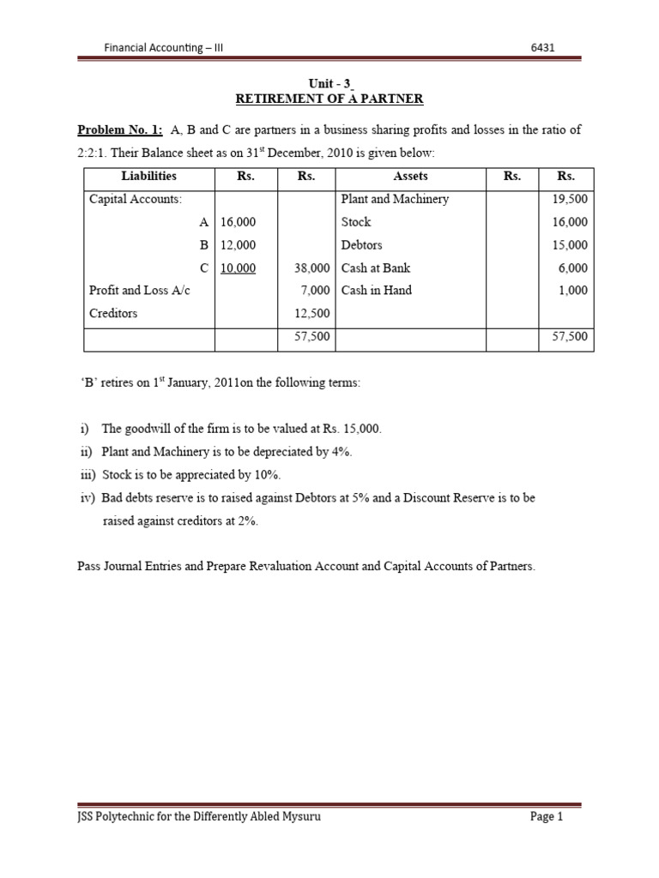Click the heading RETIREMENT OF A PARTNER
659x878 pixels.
point(329,99)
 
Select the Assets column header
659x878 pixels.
point(410,176)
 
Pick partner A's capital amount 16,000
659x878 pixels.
point(238,222)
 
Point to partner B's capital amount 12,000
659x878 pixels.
point(238,245)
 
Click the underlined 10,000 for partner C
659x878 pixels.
point(238,268)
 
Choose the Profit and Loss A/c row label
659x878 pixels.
point(140,291)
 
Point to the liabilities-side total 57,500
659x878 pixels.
point(311,337)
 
